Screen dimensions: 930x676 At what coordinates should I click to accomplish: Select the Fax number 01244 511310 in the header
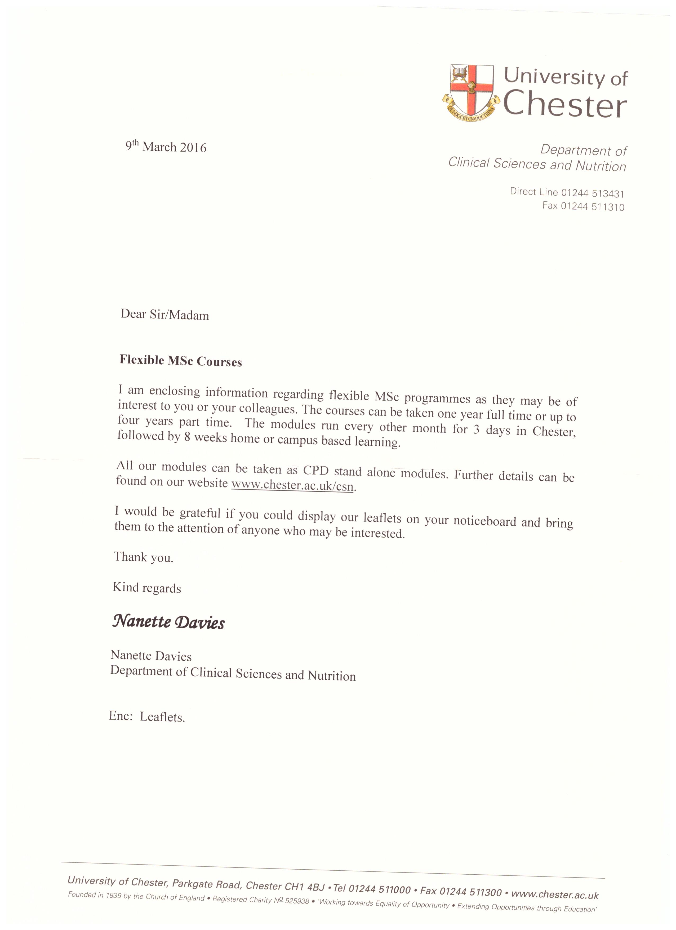tap(592, 207)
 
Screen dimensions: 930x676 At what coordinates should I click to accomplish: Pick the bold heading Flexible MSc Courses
tap(180, 361)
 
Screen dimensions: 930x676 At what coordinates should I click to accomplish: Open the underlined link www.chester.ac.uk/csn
tap(292, 485)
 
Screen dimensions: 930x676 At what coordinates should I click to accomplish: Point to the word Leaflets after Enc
tap(162, 717)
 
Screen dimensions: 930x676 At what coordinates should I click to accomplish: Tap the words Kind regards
tap(147, 588)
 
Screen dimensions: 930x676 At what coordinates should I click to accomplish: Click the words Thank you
tap(144, 557)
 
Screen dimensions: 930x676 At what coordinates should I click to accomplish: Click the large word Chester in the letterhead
tap(565, 105)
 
